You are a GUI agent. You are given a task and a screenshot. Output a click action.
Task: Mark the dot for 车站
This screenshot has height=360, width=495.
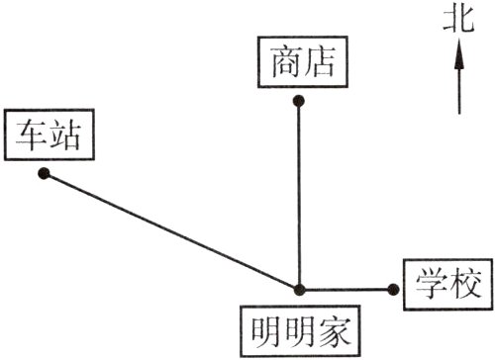click(x=44, y=174)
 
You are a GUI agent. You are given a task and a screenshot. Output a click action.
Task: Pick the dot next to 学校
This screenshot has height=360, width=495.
click(x=394, y=289)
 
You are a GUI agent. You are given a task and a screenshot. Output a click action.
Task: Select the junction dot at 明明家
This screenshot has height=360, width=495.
click(x=298, y=289)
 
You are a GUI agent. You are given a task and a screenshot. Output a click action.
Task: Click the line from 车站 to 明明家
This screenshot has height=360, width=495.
click(x=170, y=231)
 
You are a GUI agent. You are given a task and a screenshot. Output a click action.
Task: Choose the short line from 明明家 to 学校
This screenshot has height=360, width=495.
click(x=346, y=289)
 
